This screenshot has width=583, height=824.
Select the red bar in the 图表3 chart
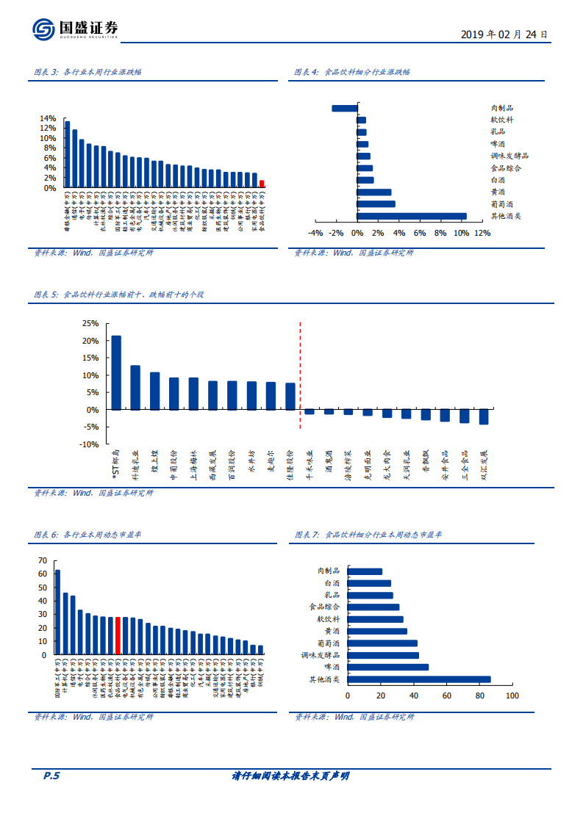(x=262, y=184)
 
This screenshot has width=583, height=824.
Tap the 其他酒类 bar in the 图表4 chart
(x=412, y=216)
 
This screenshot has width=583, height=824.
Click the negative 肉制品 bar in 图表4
(x=344, y=108)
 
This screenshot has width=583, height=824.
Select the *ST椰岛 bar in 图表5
(x=116, y=372)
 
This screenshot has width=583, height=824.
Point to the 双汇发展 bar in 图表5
(x=484, y=416)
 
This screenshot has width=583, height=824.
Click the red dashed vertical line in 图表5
(x=300, y=375)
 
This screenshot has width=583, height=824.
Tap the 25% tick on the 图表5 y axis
(x=90, y=323)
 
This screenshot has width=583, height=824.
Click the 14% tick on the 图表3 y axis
(x=47, y=118)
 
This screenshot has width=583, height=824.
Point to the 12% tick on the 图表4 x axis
(x=482, y=234)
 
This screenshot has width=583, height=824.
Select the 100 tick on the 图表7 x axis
(x=512, y=695)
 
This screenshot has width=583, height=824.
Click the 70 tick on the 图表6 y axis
(x=43, y=560)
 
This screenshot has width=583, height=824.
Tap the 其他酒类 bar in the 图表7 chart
(x=418, y=679)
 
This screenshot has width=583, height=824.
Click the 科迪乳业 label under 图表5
(x=135, y=467)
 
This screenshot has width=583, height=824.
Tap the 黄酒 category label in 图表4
(x=498, y=192)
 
